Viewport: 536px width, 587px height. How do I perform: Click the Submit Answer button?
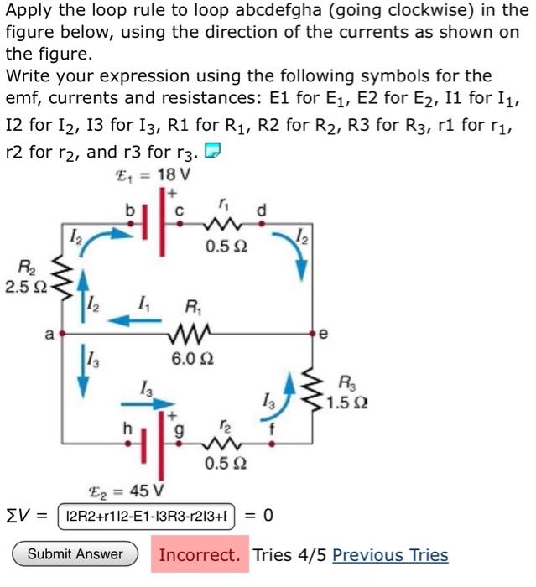click(75, 554)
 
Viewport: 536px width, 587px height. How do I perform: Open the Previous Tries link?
click(390, 555)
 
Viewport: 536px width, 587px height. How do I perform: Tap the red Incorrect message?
click(199, 555)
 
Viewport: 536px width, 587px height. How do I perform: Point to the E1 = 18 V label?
click(152, 177)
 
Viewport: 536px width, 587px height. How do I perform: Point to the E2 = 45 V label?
click(127, 491)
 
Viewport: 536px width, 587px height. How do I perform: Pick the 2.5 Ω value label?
click(21, 287)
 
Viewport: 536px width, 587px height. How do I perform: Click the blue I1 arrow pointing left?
click(126, 319)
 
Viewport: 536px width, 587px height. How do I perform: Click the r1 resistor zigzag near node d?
click(224, 225)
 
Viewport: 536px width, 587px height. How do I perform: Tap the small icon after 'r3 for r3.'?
click(213, 151)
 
